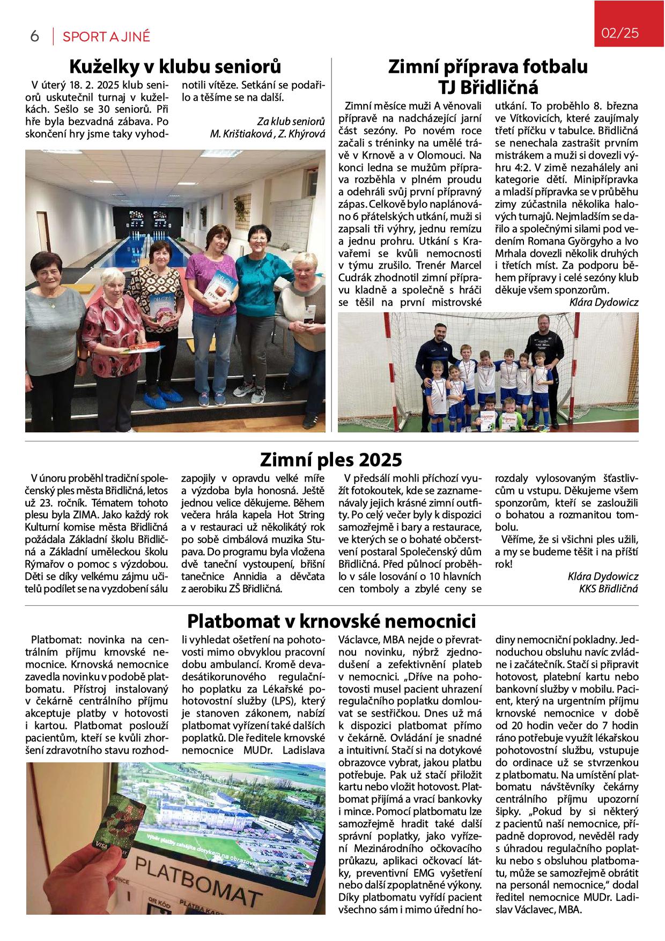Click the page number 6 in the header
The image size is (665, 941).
pos(35,36)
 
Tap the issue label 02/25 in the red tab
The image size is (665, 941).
pos(620,33)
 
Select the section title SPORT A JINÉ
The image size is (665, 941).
pos(106,36)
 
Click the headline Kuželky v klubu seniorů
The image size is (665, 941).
pos(175,67)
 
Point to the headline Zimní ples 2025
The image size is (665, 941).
pos(331,460)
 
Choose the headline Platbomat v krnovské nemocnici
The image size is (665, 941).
pos(331,621)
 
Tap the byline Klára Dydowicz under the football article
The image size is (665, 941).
pos(604,303)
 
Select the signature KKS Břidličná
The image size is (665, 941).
pos(608,589)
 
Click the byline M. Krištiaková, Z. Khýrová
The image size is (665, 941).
pos(268,134)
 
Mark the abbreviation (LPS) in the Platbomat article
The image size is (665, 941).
pos(284,701)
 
